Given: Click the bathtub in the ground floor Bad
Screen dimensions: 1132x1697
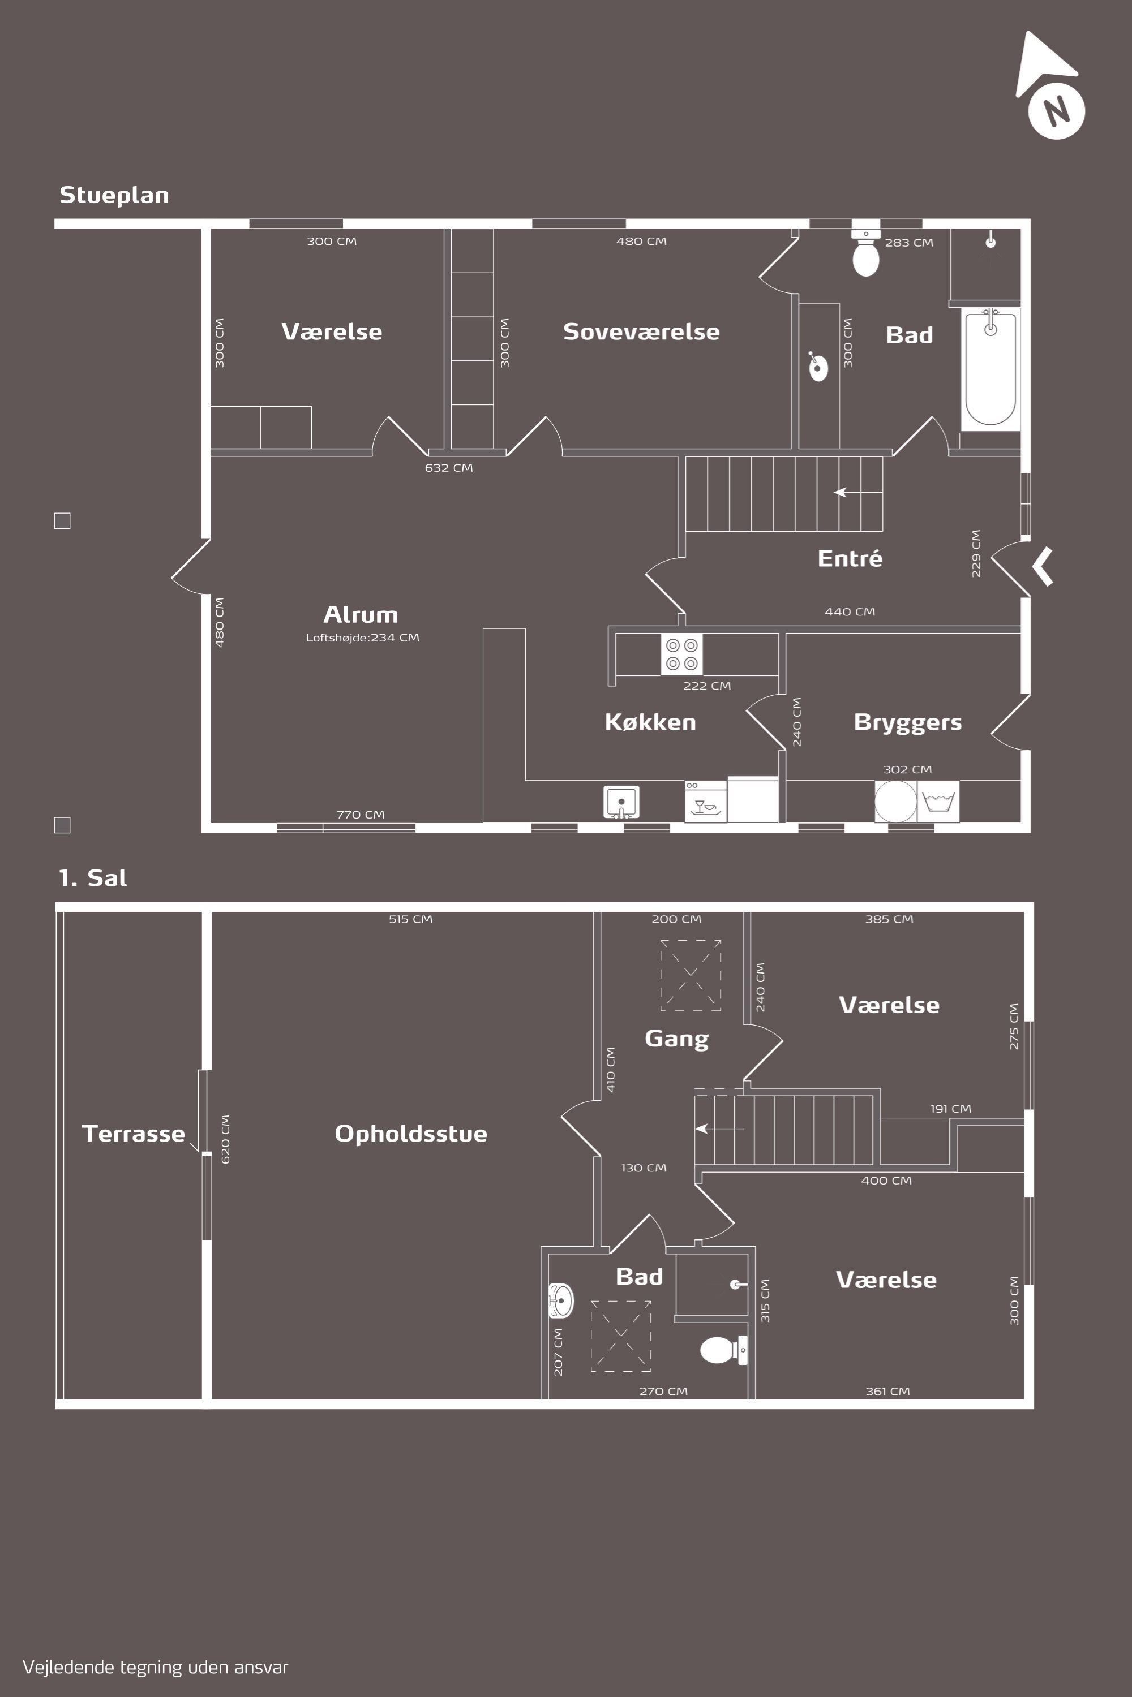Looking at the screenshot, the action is coord(990,369).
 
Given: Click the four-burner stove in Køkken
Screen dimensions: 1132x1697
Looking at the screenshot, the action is coord(681,654).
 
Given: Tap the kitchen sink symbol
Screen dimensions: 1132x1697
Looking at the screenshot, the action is coord(621,802).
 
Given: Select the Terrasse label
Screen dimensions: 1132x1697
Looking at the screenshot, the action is coord(133,1133).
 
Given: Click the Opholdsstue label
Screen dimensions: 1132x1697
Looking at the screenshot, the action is coord(411,1134).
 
